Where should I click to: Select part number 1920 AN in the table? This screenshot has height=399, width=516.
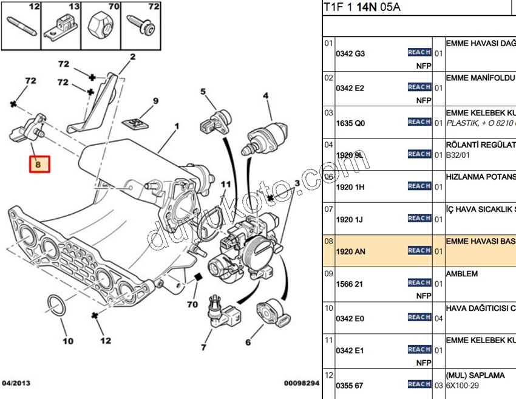pos(350,251)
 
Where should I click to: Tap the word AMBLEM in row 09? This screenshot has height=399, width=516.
pos(461,274)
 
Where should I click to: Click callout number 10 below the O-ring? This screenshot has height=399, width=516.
pos(68,341)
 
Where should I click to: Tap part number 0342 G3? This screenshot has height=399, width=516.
pos(350,53)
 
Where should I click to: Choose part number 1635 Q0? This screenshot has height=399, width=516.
pos(350,123)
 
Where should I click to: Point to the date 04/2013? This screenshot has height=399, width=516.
pos(16,383)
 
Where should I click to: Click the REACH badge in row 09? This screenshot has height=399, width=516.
pos(419,283)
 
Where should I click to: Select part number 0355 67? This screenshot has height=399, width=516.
pos(350,384)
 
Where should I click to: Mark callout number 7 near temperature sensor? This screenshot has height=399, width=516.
pos(203,347)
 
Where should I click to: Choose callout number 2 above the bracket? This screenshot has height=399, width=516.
pos(132,57)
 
